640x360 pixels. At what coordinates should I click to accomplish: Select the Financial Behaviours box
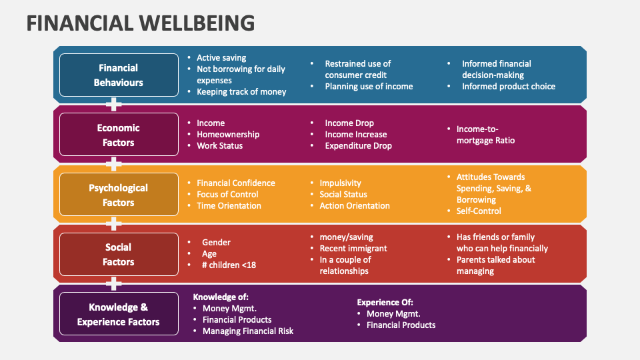pyautogui.click(x=119, y=75)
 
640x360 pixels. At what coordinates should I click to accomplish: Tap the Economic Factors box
pyautogui.click(x=119, y=135)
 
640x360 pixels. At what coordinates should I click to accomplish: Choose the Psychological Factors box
pyautogui.click(x=119, y=195)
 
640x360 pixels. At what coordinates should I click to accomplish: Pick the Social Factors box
pyautogui.click(x=119, y=255)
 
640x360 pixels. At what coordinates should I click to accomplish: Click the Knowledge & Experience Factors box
pyautogui.click(x=119, y=315)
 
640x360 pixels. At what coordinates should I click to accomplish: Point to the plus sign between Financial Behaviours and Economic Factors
pyautogui.click(x=115, y=104)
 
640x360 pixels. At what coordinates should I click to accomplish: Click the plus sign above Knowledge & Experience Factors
pyautogui.click(x=115, y=284)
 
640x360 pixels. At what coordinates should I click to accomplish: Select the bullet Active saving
pyautogui.click(x=221, y=58)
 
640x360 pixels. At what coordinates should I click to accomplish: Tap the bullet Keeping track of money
pyautogui.click(x=241, y=92)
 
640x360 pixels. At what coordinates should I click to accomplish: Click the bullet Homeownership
pyautogui.click(x=228, y=135)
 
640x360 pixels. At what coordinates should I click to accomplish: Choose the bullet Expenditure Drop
pyautogui.click(x=358, y=146)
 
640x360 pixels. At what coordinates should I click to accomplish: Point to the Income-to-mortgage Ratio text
pyautogui.click(x=485, y=135)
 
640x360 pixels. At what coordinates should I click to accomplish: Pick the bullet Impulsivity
pyautogui.click(x=340, y=183)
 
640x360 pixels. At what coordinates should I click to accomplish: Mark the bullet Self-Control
pyautogui.click(x=479, y=211)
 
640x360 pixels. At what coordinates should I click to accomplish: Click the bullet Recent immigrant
pyautogui.click(x=353, y=249)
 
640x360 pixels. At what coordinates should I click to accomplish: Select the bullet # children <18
pyautogui.click(x=229, y=265)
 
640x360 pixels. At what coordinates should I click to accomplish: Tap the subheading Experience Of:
pyautogui.click(x=385, y=302)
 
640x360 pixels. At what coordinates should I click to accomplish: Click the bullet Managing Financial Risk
pyautogui.click(x=248, y=331)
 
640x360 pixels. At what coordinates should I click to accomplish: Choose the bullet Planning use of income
pyautogui.click(x=369, y=87)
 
